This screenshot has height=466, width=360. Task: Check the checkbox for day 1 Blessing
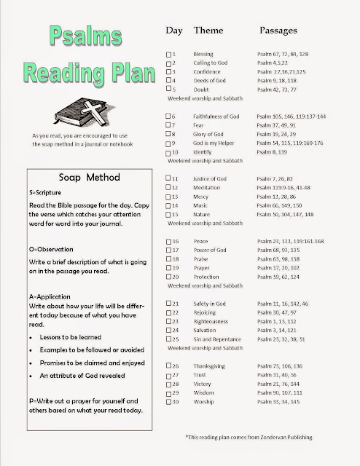click(x=170, y=55)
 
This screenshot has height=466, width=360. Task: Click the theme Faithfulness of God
click(x=218, y=116)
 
